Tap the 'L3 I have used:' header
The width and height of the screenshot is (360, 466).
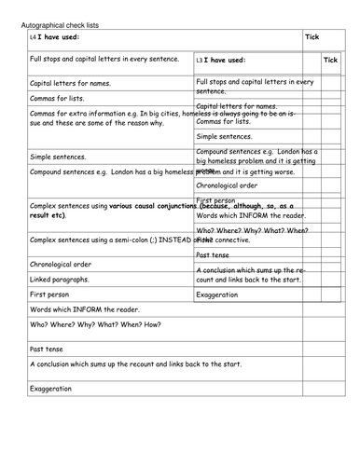click(222, 60)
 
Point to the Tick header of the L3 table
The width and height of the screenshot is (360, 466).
click(330, 59)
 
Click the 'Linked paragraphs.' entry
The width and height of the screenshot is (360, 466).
click(60, 279)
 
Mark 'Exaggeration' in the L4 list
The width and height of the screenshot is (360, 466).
click(51, 387)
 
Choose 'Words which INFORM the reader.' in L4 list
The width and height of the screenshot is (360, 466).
click(89, 309)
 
